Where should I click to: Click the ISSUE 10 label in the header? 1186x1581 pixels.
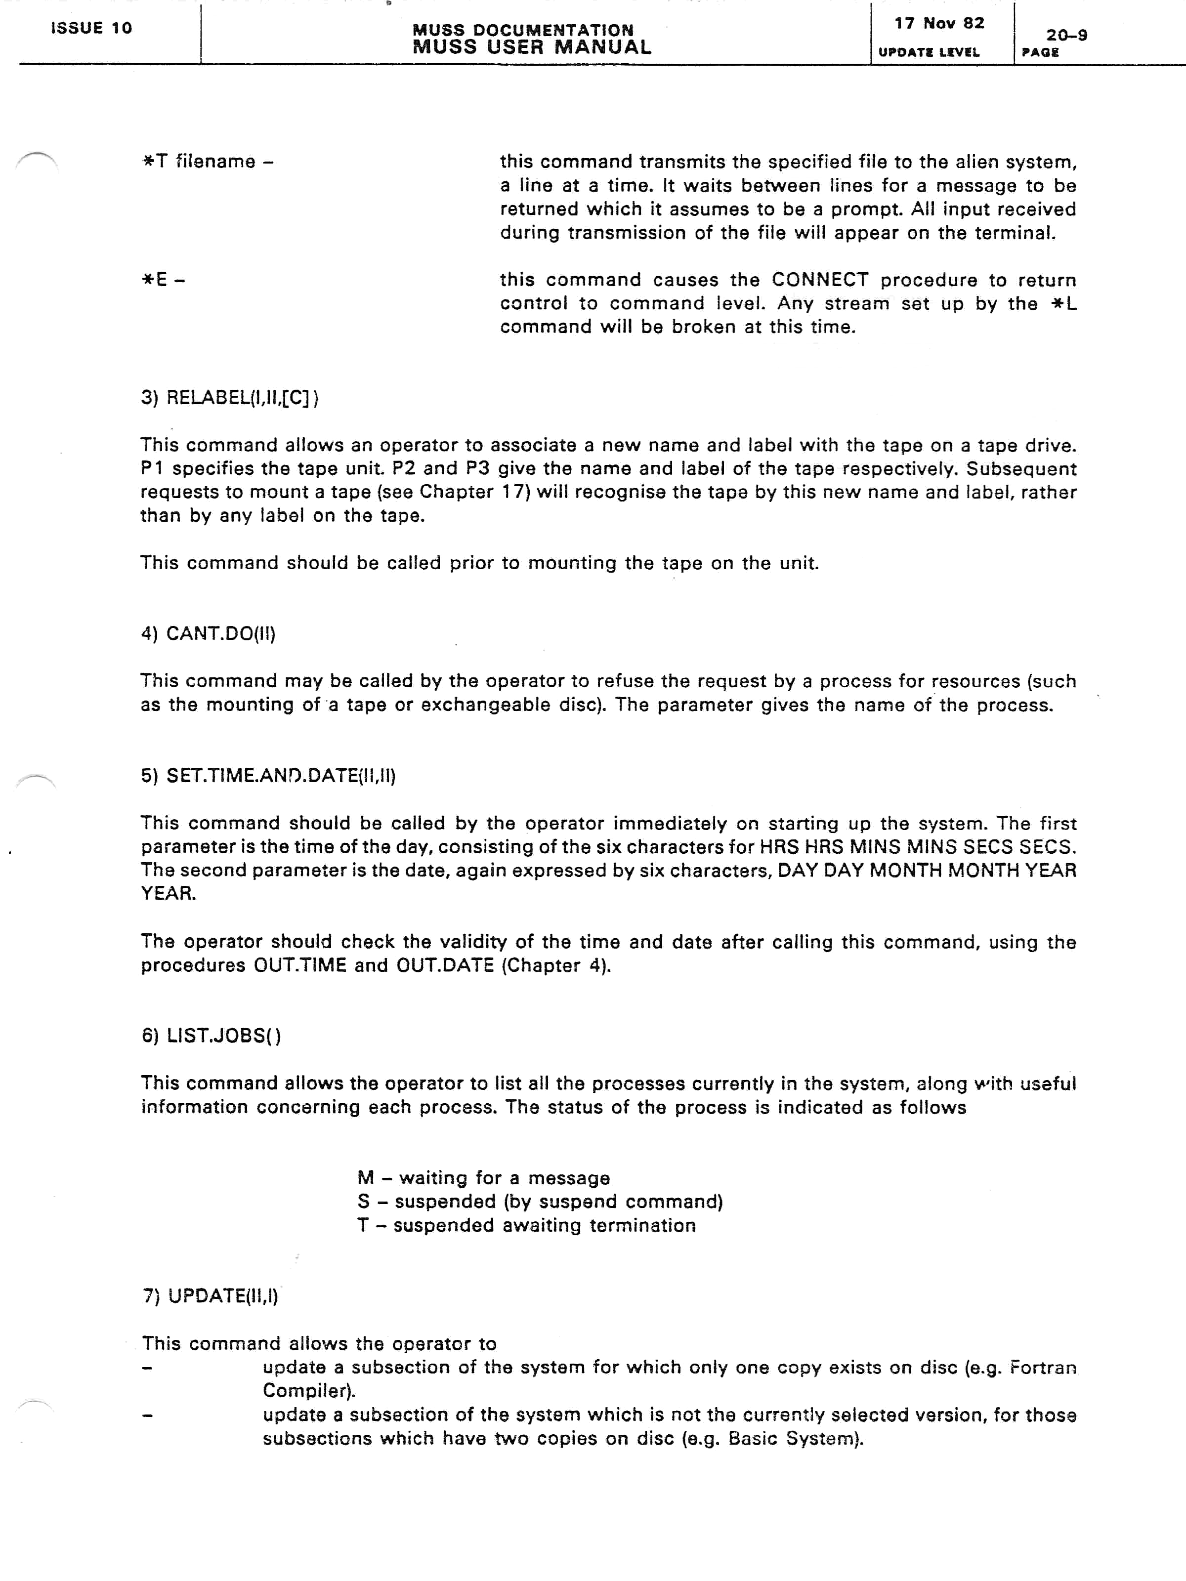pyautogui.click(x=91, y=28)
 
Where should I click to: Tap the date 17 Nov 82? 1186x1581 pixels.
pyautogui.click(x=938, y=24)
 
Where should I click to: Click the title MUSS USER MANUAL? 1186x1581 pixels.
pyautogui.click(x=532, y=48)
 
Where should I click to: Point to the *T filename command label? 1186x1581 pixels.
pyautogui.click(x=208, y=162)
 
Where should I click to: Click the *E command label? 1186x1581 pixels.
pyautogui.click(x=163, y=280)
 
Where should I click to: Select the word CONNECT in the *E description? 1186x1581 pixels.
pyautogui.click(x=819, y=280)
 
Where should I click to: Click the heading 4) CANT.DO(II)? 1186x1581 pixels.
pyautogui.click(x=208, y=633)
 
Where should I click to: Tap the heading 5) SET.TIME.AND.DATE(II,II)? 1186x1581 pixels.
pyautogui.click(x=268, y=776)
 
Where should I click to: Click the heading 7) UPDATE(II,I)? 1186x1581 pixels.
pyautogui.click(x=210, y=1296)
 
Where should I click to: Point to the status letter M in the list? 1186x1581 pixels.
pyautogui.click(x=365, y=1178)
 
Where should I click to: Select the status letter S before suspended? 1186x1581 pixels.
pyautogui.click(x=364, y=1202)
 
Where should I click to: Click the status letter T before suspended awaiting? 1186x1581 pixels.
pyautogui.click(x=363, y=1225)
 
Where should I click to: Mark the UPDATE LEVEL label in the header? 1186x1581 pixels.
pyautogui.click(x=928, y=52)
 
